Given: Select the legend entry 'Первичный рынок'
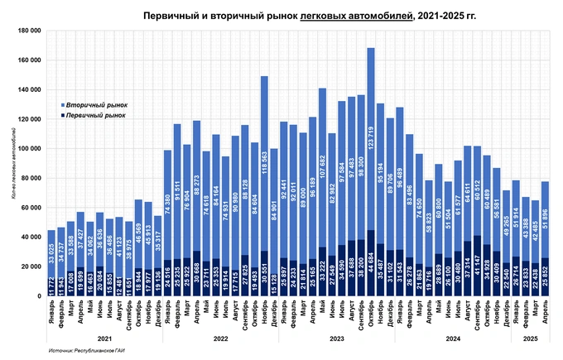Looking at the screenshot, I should point(97,116).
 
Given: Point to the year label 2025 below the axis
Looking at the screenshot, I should point(530,336).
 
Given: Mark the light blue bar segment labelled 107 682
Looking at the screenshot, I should point(323,166).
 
